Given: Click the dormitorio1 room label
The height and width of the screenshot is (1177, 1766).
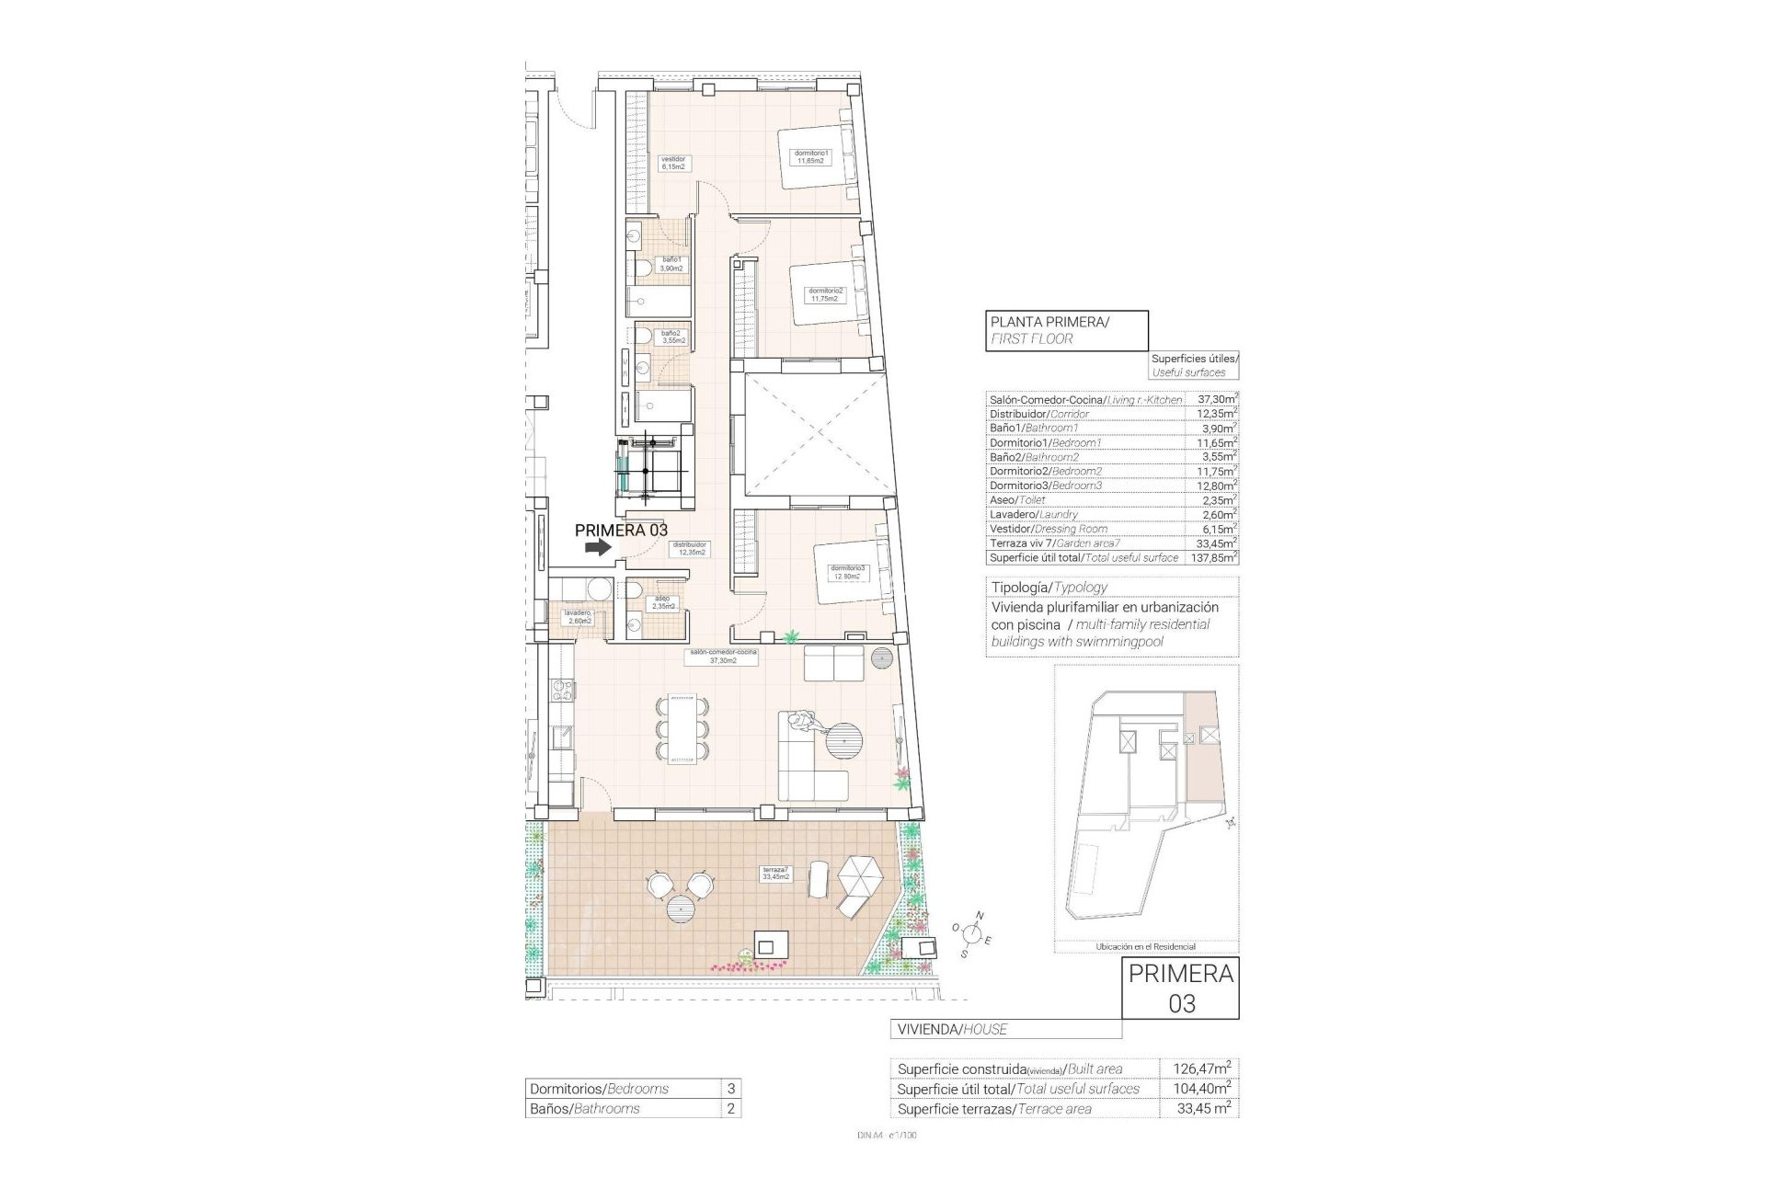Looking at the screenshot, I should (812, 157).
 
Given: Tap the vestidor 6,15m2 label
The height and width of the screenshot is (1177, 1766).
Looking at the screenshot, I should (674, 163).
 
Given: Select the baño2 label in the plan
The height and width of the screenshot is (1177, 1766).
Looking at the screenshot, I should (671, 337).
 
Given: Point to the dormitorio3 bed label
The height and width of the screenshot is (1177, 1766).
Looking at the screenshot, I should (848, 572).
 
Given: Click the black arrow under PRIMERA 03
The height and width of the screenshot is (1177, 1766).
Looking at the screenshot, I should (598, 547).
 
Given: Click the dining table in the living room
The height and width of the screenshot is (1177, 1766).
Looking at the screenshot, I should (682, 729).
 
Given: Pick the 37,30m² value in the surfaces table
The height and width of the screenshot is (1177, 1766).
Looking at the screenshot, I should (1214, 400).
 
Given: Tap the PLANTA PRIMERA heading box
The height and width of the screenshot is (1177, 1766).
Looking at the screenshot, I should (1067, 330).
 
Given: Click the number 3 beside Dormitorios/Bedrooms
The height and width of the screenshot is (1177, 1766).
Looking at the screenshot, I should (731, 1089).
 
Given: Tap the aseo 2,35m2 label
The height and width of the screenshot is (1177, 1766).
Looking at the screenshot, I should (664, 602).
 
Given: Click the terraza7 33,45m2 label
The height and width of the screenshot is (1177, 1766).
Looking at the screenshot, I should (775, 874).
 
